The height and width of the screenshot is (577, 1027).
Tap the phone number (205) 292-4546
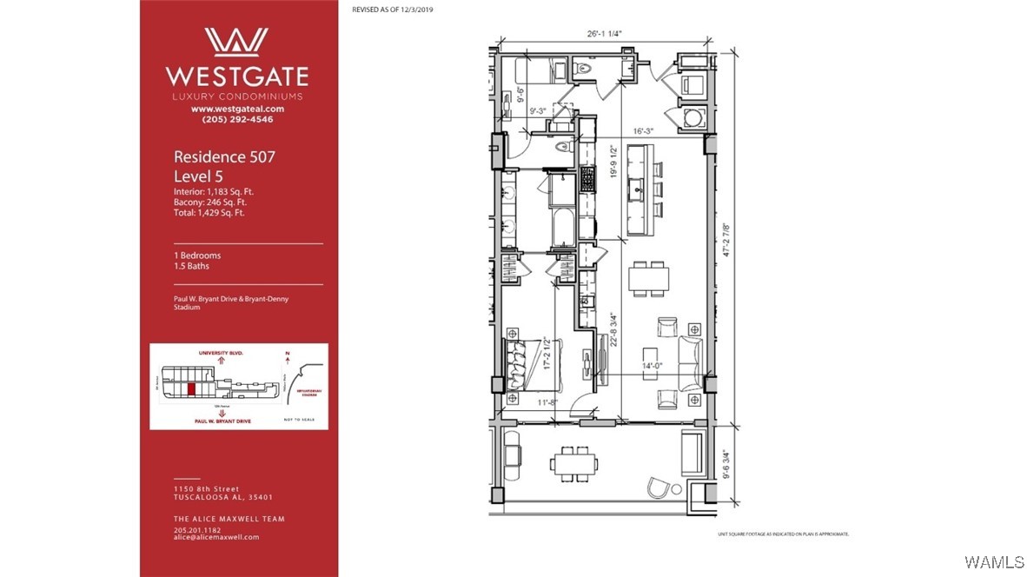coord(237,120)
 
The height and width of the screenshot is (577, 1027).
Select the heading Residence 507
coord(224,157)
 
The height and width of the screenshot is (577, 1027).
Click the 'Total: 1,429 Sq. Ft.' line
coord(209,212)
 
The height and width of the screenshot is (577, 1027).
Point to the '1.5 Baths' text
coord(191,266)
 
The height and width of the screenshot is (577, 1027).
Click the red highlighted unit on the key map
coord(191,388)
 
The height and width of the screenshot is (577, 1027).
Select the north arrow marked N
coord(287,355)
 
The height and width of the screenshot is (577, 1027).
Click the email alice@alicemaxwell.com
coord(215,537)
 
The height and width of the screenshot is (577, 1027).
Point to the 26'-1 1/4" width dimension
coord(605,34)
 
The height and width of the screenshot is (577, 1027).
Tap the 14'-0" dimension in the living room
coord(653,367)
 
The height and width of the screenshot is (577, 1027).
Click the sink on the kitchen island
coord(639,187)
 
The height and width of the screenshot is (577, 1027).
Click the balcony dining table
coord(574,462)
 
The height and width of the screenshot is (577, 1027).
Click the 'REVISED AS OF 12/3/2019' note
coord(392,9)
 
